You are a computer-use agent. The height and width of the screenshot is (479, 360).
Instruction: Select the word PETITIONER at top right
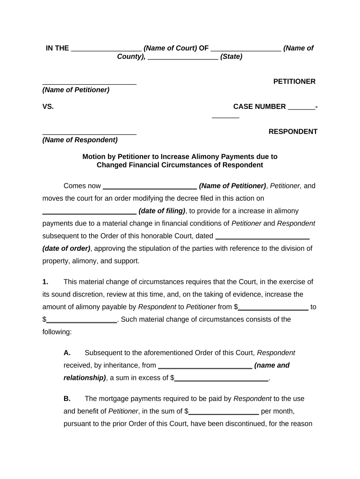(x=294, y=81)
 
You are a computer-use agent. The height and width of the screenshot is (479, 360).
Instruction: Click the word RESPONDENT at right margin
(x=293, y=131)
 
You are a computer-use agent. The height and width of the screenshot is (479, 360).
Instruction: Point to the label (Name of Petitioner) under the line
(x=76, y=90)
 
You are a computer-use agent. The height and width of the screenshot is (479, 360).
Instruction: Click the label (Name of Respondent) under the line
(x=80, y=140)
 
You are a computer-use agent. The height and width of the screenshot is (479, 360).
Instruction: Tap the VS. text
(x=48, y=107)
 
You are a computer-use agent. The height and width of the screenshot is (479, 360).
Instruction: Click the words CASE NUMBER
(x=259, y=107)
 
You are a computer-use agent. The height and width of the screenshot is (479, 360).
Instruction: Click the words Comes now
(x=82, y=186)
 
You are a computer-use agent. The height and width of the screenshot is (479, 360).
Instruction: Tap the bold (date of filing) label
(x=162, y=210)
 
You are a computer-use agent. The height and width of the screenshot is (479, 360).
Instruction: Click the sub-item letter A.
(x=67, y=353)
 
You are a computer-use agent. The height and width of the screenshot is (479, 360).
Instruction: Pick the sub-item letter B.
(x=67, y=399)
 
